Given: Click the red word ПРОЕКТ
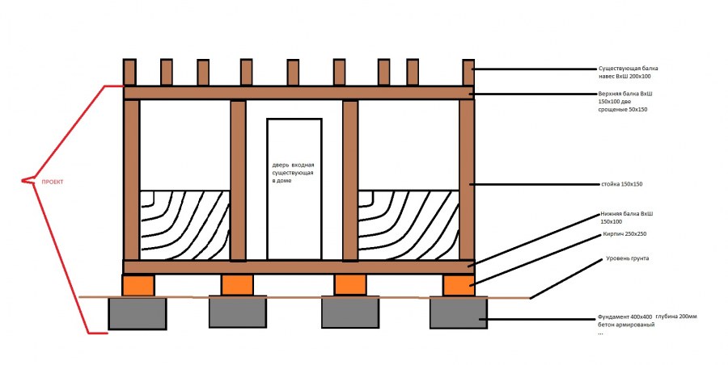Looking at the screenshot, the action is (x=53, y=182).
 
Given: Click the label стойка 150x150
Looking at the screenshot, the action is (x=622, y=184).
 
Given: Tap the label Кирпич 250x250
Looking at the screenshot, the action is (x=624, y=234).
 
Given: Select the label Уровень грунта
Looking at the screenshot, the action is (x=627, y=258).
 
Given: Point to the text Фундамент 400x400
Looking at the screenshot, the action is (x=625, y=317).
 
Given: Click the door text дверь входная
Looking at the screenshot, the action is (x=293, y=165).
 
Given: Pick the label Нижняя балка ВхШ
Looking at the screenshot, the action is (x=626, y=214).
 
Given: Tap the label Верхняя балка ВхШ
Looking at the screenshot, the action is (x=625, y=94).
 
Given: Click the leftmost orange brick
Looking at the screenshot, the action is (x=138, y=285).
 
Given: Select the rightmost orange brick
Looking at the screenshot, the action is (x=459, y=285).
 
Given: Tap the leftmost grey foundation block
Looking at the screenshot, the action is (x=138, y=313).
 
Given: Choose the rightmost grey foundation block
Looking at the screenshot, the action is (x=459, y=313).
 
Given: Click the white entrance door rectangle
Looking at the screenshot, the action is (x=294, y=189).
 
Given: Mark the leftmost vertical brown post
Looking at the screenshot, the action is (x=131, y=179).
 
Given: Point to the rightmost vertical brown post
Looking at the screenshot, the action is (x=467, y=179).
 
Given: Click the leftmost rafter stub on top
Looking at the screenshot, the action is (x=129, y=73).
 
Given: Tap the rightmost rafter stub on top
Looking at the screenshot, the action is (x=468, y=73).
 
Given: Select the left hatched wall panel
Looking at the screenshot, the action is (x=184, y=225).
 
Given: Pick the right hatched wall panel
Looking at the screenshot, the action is (x=408, y=225).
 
